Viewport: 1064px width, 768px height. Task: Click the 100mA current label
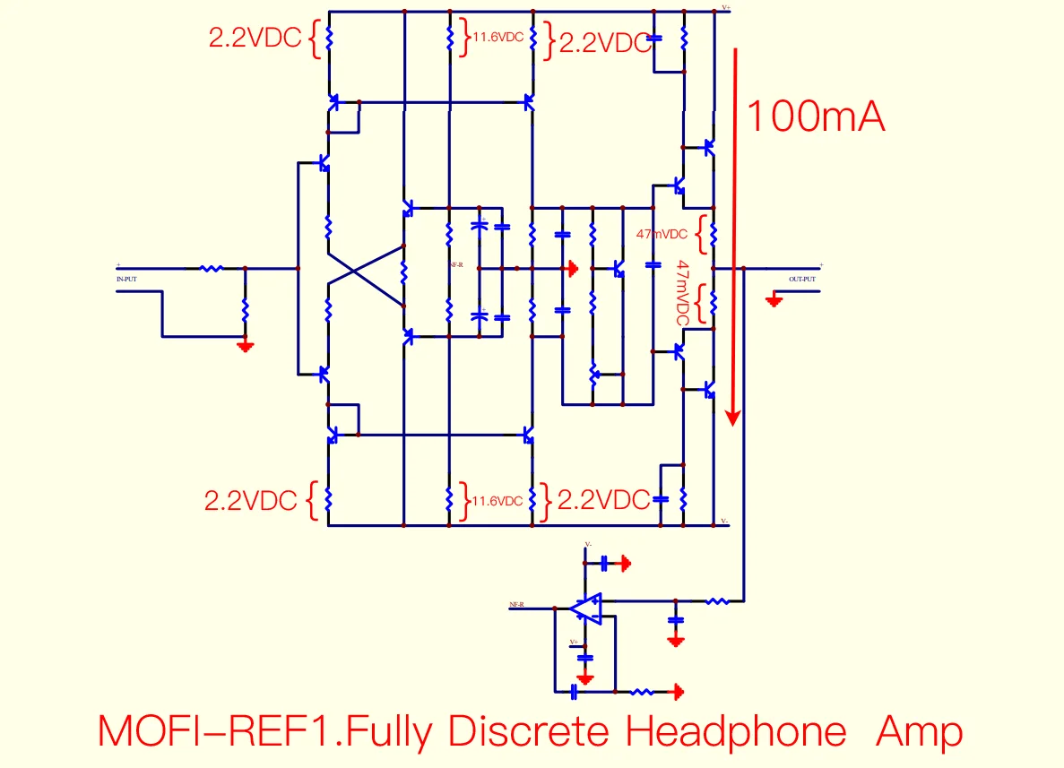point(815,116)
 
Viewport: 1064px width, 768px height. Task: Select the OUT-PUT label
point(802,279)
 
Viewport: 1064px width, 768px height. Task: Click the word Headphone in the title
point(735,732)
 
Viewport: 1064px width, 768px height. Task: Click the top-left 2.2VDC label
point(255,39)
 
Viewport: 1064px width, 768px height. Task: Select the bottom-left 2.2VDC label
point(251,500)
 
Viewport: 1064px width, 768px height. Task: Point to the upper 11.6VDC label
point(498,38)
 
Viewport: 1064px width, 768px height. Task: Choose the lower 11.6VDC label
point(497,501)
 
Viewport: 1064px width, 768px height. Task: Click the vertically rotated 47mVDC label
point(683,292)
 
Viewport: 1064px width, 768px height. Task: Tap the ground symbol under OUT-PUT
point(774,300)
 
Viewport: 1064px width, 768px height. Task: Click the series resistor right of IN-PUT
point(212,268)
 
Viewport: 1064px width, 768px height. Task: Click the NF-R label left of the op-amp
point(515,605)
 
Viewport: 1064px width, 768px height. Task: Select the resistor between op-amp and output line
point(717,600)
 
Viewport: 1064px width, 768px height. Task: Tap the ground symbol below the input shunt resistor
point(245,345)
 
